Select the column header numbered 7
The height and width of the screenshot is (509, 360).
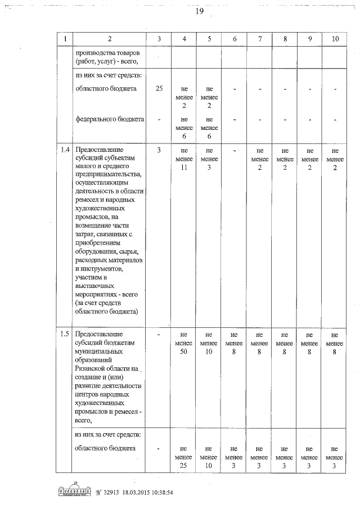[260, 39]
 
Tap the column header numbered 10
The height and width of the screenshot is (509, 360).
[335, 39]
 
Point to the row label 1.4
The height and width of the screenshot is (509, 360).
[65, 150]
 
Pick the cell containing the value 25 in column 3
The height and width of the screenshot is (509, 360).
[159, 89]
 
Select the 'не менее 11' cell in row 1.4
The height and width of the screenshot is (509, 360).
[184, 159]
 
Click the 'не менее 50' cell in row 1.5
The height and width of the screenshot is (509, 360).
[184, 344]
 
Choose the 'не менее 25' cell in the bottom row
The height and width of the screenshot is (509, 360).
[184, 458]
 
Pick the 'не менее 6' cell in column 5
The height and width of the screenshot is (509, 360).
[209, 128]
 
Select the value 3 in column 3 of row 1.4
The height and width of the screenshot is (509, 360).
[159, 150]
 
